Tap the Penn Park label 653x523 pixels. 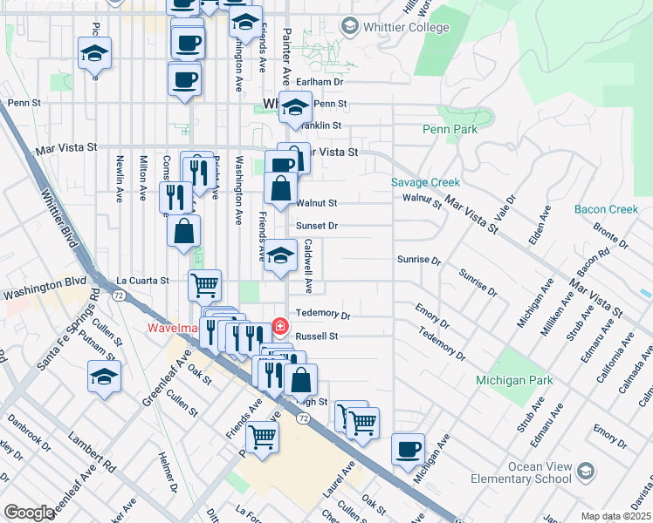(450, 129)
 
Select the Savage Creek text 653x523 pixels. (425, 183)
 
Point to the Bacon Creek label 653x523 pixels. (607, 209)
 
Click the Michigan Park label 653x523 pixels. (513, 381)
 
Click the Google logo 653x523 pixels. (29, 513)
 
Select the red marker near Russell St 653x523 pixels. (279, 327)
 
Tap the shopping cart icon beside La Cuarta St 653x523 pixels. (204, 283)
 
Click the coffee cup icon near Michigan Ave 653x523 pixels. (408, 450)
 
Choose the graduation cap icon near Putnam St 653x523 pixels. (104, 377)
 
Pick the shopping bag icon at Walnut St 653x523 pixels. (280, 188)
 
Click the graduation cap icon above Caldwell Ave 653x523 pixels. (280, 256)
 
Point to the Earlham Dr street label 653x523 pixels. (319, 82)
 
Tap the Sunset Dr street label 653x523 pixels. (316, 226)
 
